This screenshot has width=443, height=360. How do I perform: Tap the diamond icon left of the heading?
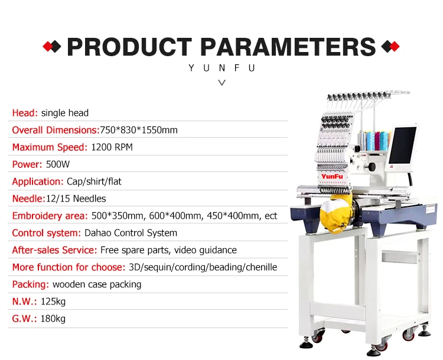[x=53, y=47]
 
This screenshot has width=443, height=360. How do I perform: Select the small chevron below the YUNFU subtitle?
[x=221, y=83]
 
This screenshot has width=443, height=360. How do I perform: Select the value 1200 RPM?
[x=112, y=147]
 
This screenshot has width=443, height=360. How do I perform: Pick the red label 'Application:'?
[x=37, y=181]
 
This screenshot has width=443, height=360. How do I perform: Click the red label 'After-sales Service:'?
[x=54, y=250]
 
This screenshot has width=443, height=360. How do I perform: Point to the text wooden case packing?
[x=97, y=284]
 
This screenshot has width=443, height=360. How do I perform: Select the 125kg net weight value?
[x=53, y=301]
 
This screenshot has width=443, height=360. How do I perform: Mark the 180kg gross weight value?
[x=53, y=319]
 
